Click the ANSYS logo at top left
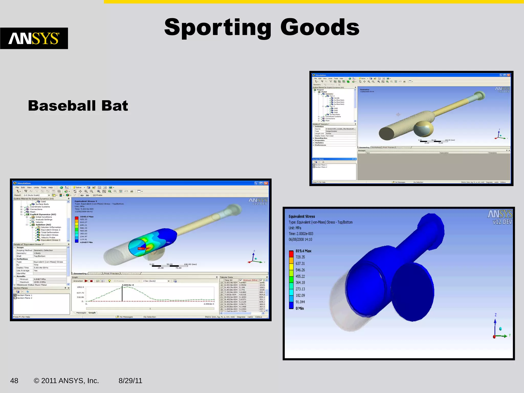click(x=34, y=38)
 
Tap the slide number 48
click(x=14, y=381)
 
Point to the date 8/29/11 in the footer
click(x=130, y=381)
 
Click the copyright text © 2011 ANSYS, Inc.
click(x=66, y=381)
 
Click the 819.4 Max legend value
click(x=303, y=251)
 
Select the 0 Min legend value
click(x=300, y=308)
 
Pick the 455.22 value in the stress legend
click(x=300, y=276)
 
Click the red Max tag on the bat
click(x=140, y=248)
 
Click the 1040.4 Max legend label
click(x=86, y=217)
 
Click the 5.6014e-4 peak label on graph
click(x=128, y=285)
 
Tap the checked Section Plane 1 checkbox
click(x=15, y=295)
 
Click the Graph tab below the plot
click(x=92, y=313)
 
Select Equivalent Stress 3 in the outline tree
click(x=50, y=240)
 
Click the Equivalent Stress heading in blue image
click(x=302, y=216)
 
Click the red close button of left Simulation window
click(x=266, y=183)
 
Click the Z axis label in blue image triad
click(x=495, y=315)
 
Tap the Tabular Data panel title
click(x=226, y=277)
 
